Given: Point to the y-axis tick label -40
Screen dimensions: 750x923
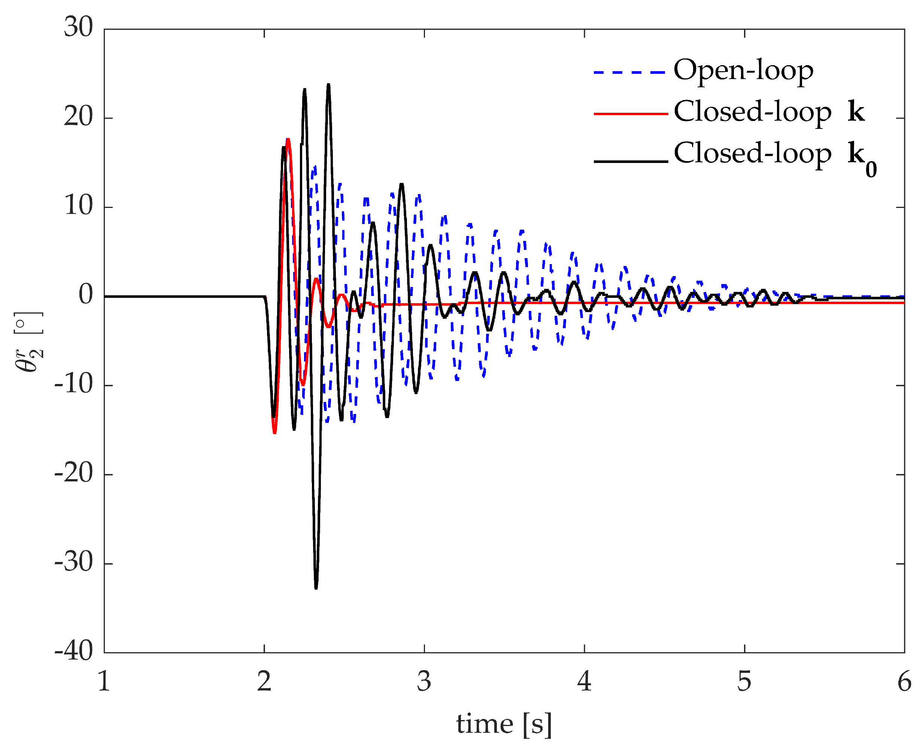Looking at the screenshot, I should (74, 651).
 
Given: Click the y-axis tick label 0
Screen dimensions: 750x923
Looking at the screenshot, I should (85, 295).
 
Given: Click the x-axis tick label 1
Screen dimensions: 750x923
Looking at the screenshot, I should (104, 682).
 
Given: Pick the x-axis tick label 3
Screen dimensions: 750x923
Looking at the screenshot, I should (424, 682).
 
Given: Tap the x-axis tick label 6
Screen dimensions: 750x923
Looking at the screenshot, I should (904, 682).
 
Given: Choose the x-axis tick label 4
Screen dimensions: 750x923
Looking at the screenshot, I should (584, 682).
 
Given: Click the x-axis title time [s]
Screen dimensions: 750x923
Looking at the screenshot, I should (504, 724).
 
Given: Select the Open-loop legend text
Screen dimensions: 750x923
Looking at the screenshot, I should (743, 70).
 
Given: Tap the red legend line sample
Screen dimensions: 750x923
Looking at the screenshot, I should (630, 114).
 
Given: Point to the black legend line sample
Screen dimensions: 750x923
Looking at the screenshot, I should (630, 161).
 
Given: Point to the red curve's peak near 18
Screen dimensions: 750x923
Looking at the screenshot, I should (288, 139).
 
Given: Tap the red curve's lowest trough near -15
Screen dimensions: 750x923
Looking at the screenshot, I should (274, 432).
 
